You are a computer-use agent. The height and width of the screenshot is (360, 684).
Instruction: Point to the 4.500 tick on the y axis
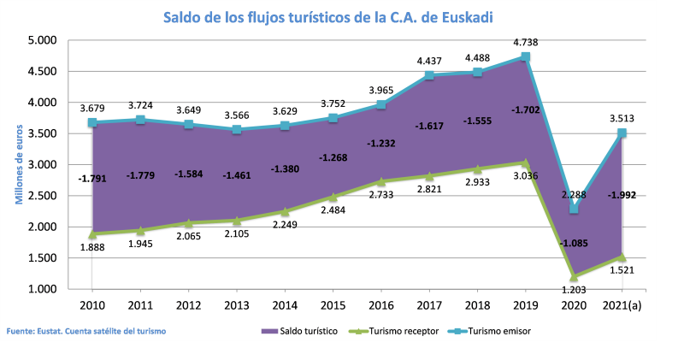tap(42, 72)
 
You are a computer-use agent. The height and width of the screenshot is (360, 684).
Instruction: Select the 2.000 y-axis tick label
tap(42, 227)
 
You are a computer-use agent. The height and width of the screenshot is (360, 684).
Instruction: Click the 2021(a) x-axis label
tap(622, 305)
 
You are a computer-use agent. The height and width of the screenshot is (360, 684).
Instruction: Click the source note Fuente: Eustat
tap(85, 330)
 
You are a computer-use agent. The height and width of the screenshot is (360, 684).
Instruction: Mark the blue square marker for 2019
tap(525, 57)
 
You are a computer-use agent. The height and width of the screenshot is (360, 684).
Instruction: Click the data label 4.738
tap(525, 41)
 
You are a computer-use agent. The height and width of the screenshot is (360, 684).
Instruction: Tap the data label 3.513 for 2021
tap(622, 118)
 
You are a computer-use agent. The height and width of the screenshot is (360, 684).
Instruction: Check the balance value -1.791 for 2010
tap(91, 179)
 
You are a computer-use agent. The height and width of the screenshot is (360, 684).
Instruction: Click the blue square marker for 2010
tap(91, 123)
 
